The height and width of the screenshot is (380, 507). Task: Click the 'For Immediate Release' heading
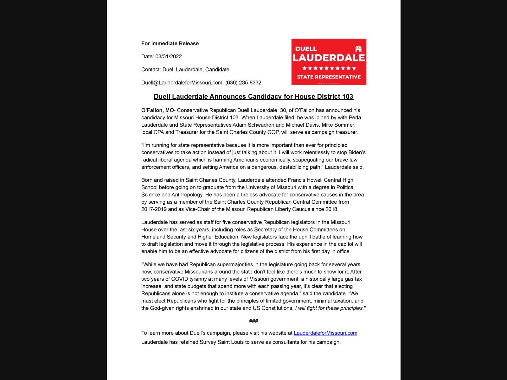pyautogui.click(x=170, y=43)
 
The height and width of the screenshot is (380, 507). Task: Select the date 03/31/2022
pyautogui.click(x=168, y=56)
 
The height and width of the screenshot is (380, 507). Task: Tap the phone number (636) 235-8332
pyautogui.click(x=243, y=83)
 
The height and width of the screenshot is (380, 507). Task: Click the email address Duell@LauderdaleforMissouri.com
pyautogui.click(x=182, y=83)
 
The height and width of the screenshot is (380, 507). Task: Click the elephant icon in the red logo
pyautogui.click(x=358, y=48)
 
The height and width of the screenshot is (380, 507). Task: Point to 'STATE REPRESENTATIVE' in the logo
pyautogui.click(x=329, y=77)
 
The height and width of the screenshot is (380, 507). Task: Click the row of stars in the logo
pyautogui.click(x=329, y=68)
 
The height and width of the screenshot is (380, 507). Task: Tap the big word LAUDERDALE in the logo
pyautogui.click(x=329, y=58)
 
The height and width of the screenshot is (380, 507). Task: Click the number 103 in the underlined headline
pyautogui.click(x=348, y=97)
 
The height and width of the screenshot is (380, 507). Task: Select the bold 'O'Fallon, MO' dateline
pyautogui.click(x=157, y=110)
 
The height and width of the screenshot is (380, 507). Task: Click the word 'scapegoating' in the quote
pyautogui.click(x=307, y=160)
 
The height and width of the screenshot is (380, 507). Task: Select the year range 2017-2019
pyautogui.click(x=154, y=209)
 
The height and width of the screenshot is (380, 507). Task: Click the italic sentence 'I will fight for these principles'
pyautogui.click(x=329, y=308)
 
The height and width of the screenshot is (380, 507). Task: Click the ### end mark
pyautogui.click(x=253, y=321)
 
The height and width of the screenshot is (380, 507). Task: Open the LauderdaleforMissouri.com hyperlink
pyautogui.click(x=325, y=333)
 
